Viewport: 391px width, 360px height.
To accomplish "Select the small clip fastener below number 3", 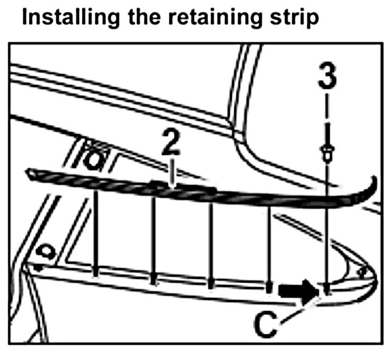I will tap(327, 152).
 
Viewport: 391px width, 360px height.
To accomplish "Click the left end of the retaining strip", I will tap(30, 173).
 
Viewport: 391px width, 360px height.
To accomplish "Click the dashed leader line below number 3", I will tap(327, 119).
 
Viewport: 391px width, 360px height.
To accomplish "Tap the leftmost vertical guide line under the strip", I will tap(96, 227).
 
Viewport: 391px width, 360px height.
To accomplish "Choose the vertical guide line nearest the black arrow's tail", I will tap(269, 243).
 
